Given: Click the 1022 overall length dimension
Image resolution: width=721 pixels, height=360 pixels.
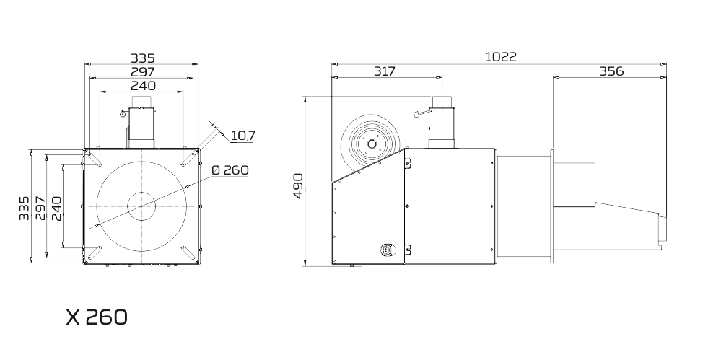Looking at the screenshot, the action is pos(501,57).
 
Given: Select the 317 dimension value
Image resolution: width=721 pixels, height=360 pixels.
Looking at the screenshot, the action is pos(385,71).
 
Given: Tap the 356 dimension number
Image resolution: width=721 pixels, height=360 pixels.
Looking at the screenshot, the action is pos(611,71).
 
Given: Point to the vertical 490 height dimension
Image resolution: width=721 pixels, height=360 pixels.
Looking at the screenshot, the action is pos(298,185).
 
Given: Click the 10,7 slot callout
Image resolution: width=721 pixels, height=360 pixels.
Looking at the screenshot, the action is pos(242,136).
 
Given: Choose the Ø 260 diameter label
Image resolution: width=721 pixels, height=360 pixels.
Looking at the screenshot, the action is pos(230,170).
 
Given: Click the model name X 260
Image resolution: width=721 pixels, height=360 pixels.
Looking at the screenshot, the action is pos(97,317).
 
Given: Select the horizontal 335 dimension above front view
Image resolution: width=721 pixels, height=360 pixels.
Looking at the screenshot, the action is pos(143,58).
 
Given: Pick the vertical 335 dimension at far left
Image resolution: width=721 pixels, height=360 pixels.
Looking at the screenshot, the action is pos(25,208).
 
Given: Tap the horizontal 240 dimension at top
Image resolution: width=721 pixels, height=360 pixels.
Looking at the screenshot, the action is pos(143,86).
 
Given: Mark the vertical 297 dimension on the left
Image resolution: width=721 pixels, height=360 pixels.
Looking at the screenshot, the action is pos(40,208).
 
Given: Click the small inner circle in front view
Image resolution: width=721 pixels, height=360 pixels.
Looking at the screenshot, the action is pos(141,206).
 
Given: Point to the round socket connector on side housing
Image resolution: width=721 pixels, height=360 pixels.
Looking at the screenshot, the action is pos(388,250).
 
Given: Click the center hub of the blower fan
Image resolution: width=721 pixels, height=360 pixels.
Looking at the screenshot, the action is pos(372,144).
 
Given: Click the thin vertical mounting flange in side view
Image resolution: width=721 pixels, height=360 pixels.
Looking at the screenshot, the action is pos(552,206).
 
